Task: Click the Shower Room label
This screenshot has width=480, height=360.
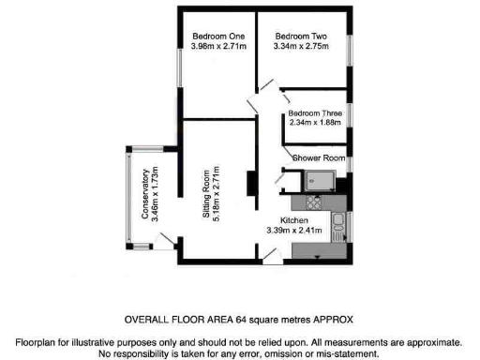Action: (321, 157)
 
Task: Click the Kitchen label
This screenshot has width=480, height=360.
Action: (294, 218)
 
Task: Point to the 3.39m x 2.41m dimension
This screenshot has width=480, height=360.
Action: (294, 229)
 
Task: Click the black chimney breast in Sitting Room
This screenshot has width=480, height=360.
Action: (251, 184)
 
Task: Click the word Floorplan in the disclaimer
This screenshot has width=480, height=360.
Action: (36, 343)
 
